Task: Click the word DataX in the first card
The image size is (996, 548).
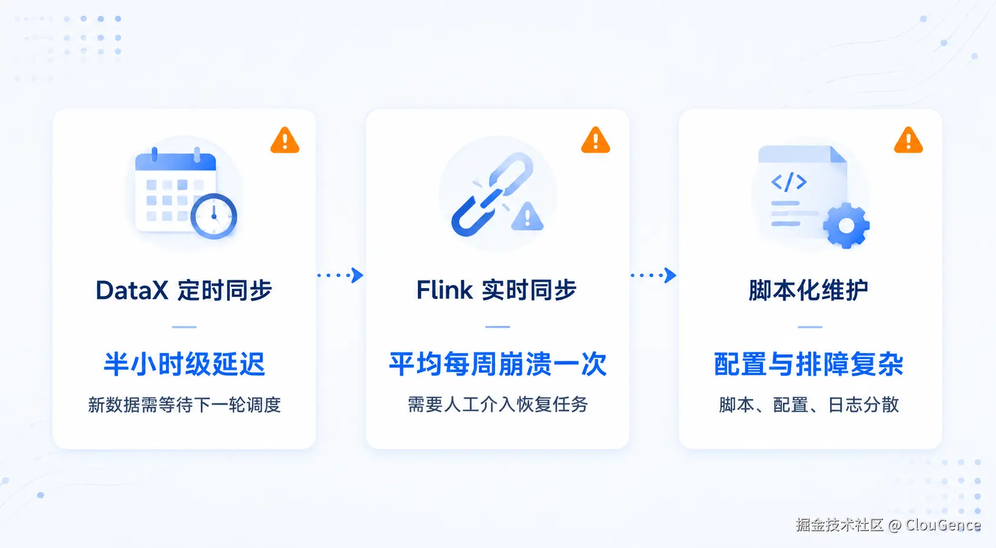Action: [x=132, y=290]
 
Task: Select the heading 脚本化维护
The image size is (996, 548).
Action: [x=808, y=290]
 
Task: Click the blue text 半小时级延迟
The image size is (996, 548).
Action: [x=184, y=364]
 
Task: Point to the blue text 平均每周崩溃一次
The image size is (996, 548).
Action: [x=497, y=364]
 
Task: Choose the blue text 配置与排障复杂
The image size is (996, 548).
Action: [x=809, y=364]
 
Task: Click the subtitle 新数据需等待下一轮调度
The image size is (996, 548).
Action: [x=184, y=405]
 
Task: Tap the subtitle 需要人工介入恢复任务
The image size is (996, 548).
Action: [x=497, y=405]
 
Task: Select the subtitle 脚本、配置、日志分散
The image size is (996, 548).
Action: [x=809, y=405]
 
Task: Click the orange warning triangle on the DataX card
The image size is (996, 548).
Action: [x=285, y=141]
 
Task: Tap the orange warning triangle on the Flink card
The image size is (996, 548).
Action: [x=595, y=141]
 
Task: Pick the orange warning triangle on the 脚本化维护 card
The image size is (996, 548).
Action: [x=908, y=141]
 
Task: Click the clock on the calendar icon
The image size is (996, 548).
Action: [x=214, y=216]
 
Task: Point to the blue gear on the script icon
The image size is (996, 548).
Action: [x=846, y=226]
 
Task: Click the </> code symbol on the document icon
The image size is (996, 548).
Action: [x=789, y=182]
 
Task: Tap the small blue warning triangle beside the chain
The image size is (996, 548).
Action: [x=527, y=217]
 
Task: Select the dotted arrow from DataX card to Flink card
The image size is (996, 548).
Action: [x=341, y=275]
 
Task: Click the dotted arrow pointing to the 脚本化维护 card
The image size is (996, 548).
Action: [x=653, y=275]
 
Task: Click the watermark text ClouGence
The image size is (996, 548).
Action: [x=943, y=525]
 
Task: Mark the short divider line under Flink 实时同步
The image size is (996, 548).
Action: [x=497, y=327]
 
